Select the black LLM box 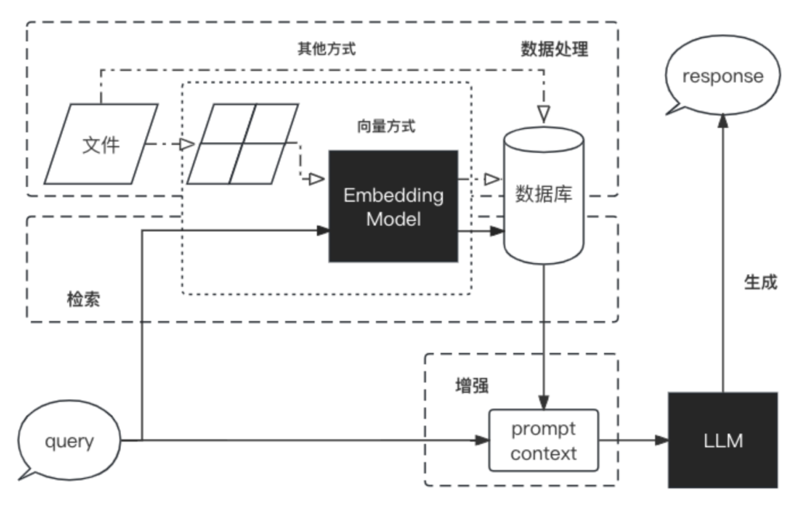coord(723,440)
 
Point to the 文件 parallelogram coord(102,144)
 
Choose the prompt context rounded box coord(544,440)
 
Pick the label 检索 coord(84,298)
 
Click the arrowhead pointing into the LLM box coord(661,440)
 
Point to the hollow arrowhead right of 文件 coord(186,144)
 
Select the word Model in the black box coord(393,219)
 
